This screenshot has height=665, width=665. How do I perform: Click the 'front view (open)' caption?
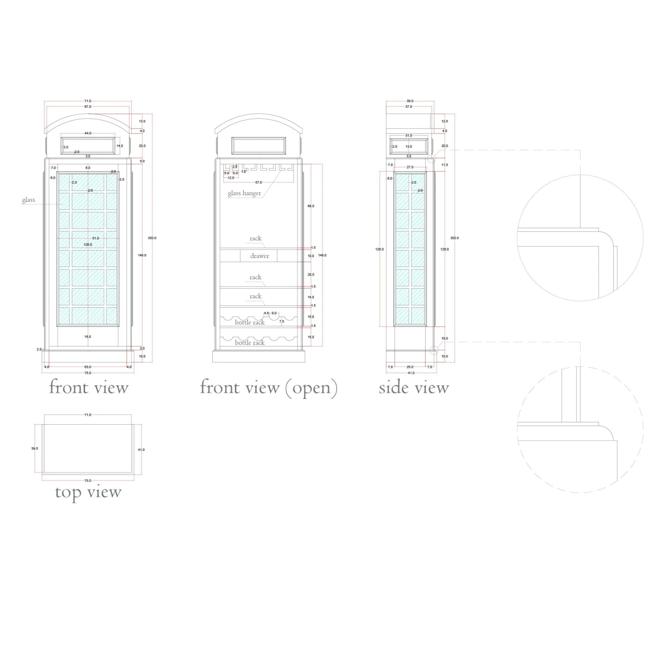[x=269, y=387]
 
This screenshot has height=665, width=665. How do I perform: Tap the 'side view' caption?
[x=414, y=388]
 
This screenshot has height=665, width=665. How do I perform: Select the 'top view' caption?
[x=88, y=492]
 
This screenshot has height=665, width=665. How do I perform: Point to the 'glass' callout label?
[x=28, y=200]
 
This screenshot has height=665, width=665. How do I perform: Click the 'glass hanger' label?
[x=244, y=193]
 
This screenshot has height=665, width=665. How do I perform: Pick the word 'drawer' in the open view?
[x=259, y=256]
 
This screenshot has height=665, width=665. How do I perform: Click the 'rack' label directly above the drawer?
[x=255, y=239]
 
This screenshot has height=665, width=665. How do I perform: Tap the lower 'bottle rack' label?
[x=250, y=343]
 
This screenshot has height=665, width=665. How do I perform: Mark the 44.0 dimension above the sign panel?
[x=88, y=133]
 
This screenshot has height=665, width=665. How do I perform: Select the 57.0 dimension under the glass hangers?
[x=258, y=183]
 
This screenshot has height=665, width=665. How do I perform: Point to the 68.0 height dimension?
[x=311, y=206]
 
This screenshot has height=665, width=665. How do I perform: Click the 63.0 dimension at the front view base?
[x=88, y=367]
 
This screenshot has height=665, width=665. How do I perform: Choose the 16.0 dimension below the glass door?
[x=88, y=337]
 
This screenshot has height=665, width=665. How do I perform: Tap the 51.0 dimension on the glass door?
[x=96, y=239]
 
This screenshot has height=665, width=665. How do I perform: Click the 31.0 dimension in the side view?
[x=409, y=136]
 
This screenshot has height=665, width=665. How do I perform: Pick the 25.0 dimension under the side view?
[x=410, y=367]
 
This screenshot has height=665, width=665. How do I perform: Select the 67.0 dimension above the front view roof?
[x=88, y=107]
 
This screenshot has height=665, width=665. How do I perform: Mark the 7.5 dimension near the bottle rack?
[x=282, y=321]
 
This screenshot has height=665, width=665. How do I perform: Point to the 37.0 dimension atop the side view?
[x=409, y=107]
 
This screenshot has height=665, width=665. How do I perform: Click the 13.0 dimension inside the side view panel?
[x=409, y=146]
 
